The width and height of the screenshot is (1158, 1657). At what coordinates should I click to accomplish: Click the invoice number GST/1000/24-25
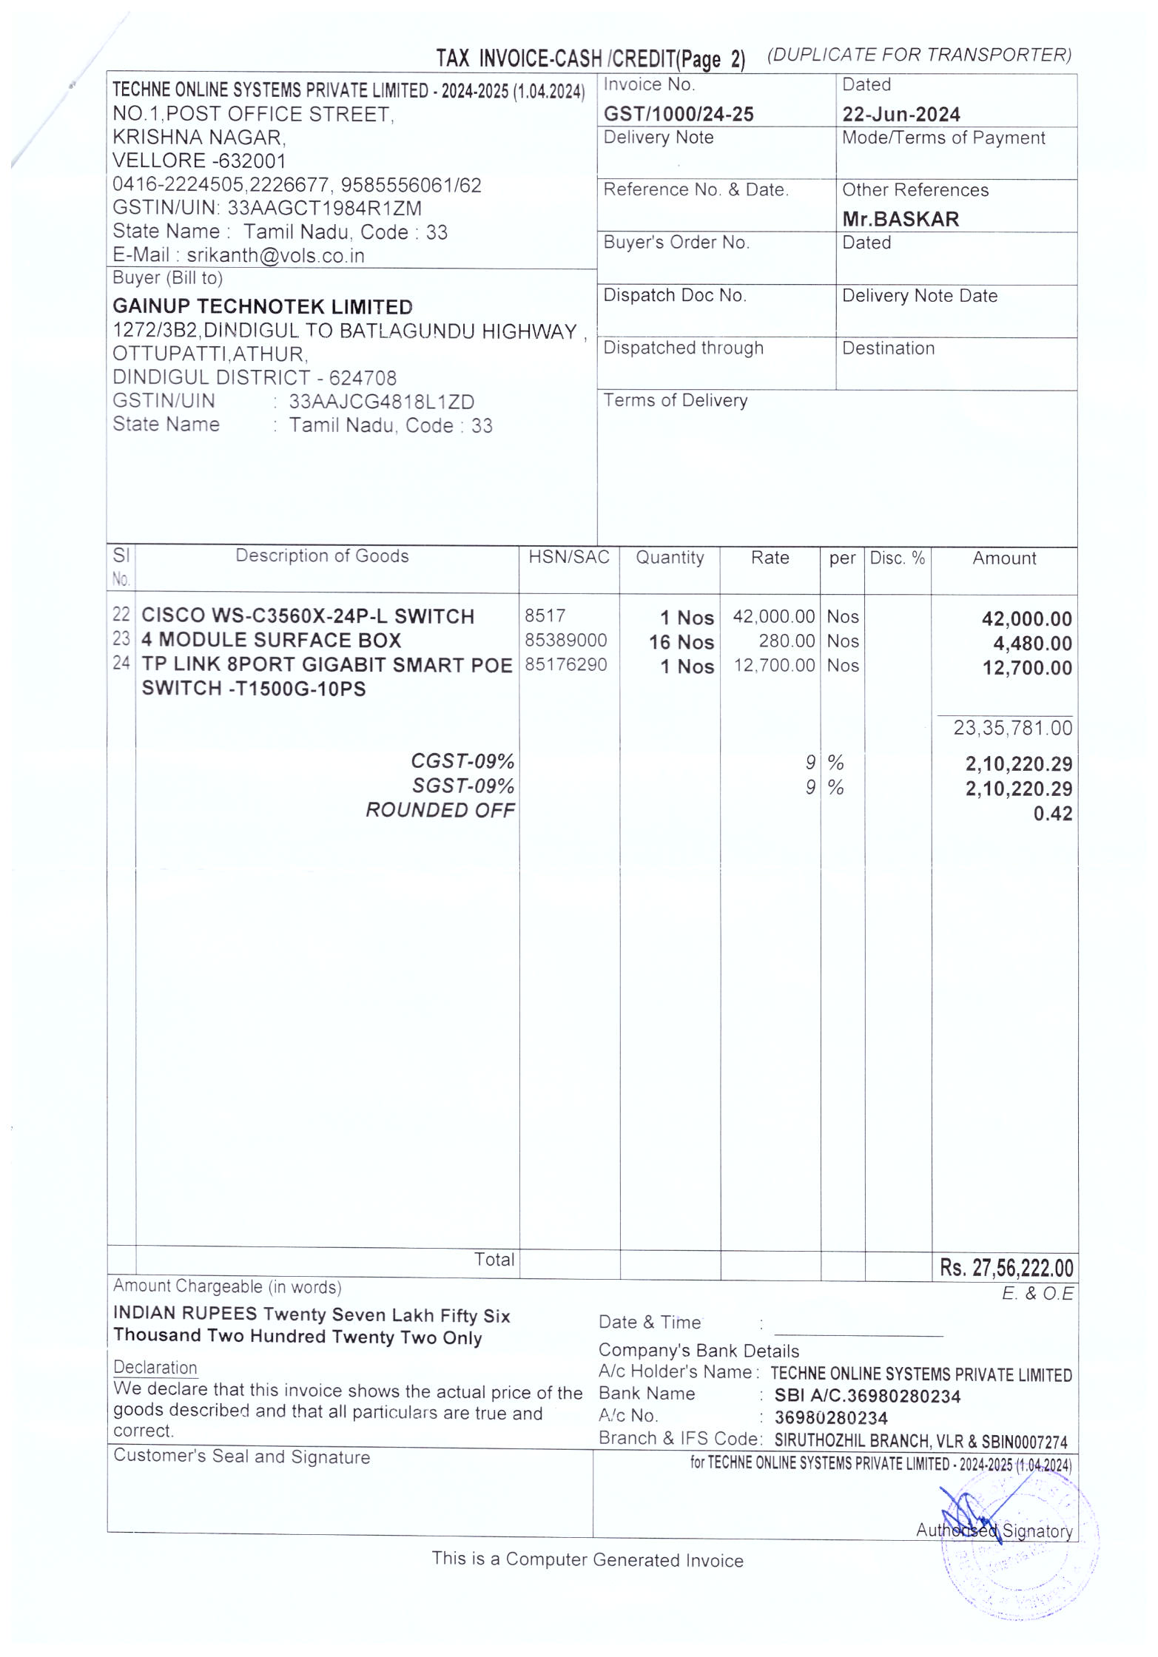(x=678, y=114)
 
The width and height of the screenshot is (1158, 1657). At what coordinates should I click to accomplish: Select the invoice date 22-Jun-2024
(x=901, y=115)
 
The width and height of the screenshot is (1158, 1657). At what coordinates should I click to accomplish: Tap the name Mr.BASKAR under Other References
(x=900, y=219)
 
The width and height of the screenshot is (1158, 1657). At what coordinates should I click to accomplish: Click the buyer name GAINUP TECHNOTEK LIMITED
(x=262, y=306)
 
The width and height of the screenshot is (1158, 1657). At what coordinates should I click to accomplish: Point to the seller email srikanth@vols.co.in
(x=275, y=255)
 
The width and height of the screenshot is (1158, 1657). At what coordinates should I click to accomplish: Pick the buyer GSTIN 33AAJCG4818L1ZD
(x=381, y=402)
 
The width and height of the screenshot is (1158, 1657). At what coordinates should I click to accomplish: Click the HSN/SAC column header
(x=568, y=557)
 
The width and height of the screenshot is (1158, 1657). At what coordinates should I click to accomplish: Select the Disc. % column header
(x=897, y=558)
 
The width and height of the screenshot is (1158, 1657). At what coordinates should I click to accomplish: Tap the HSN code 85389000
(x=565, y=640)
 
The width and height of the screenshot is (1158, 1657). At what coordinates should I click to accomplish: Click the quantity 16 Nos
(x=681, y=642)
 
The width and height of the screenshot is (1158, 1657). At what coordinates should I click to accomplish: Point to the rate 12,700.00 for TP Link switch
(x=773, y=665)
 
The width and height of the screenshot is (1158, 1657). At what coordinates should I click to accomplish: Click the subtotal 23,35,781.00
(x=1011, y=728)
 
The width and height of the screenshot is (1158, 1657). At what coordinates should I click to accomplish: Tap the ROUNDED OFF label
(x=440, y=810)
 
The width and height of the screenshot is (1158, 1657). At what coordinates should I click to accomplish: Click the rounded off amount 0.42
(x=1052, y=814)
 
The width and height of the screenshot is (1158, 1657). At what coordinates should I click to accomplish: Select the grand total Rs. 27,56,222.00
(x=1006, y=1268)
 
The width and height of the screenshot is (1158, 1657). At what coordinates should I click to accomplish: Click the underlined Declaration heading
(x=155, y=1367)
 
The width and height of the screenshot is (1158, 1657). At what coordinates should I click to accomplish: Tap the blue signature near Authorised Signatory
(x=969, y=1509)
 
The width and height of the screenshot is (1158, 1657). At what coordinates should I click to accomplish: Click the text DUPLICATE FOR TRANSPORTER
(x=919, y=55)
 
